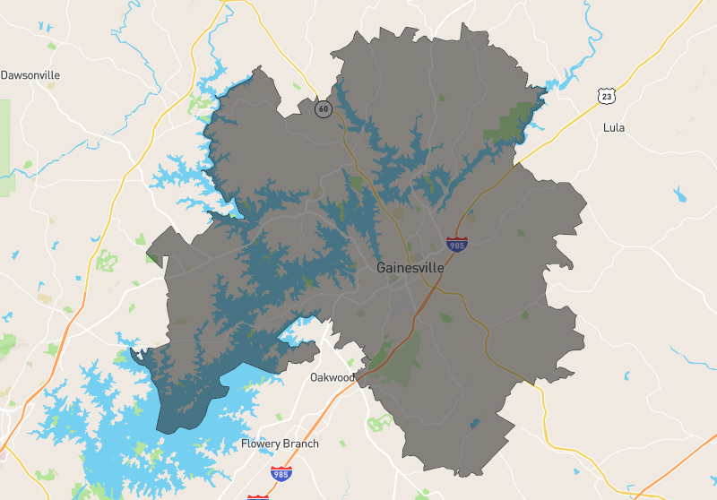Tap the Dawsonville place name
(30, 75)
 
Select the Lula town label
(614, 127)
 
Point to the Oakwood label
(333, 377)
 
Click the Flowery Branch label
(280, 444)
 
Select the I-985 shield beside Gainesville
(456, 242)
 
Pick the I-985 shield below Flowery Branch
(281, 471)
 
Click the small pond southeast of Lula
(679, 194)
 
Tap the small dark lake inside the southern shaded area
(475, 423)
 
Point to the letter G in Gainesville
(382, 268)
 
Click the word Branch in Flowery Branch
(299, 444)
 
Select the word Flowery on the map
(259, 444)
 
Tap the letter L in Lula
(606, 127)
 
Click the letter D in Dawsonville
(4, 75)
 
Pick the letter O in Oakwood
(315, 377)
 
